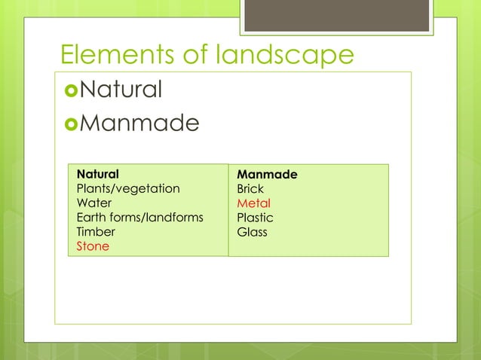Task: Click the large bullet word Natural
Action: click(121, 90)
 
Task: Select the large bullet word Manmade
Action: click(139, 122)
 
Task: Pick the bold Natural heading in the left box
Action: click(97, 174)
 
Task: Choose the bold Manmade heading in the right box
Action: click(267, 175)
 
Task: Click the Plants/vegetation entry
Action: click(128, 188)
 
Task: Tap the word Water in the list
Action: click(94, 203)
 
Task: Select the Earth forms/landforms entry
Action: click(140, 218)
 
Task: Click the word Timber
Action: click(96, 232)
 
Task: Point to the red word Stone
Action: click(93, 246)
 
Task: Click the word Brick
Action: click(250, 189)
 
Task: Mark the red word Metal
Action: click(253, 203)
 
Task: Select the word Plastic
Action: click(255, 218)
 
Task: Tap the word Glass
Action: click(252, 232)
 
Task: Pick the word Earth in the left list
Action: click(92, 218)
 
